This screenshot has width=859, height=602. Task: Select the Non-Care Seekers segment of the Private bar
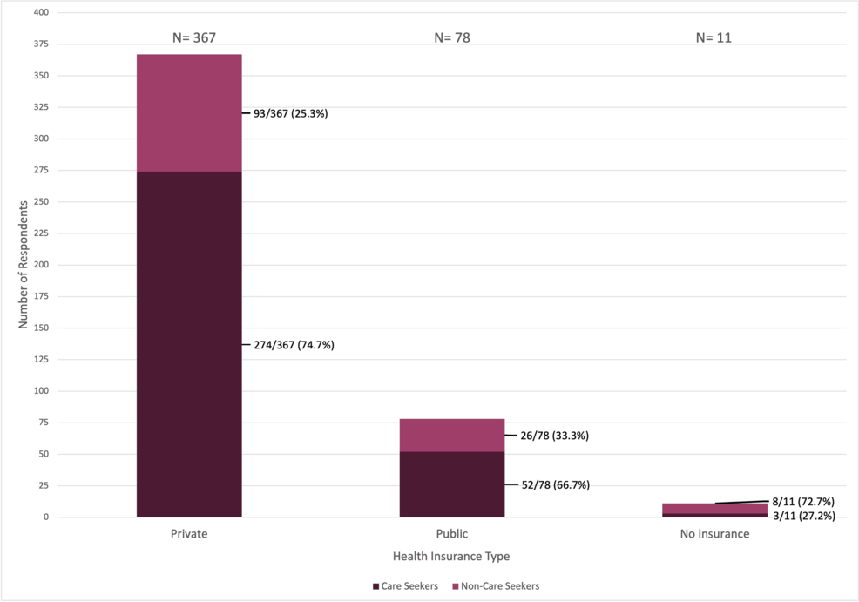[189, 113]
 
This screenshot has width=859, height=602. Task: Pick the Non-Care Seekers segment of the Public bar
[451, 435]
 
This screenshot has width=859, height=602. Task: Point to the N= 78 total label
[451, 38]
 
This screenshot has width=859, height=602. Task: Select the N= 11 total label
[714, 38]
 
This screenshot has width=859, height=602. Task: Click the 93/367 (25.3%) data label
[290, 113]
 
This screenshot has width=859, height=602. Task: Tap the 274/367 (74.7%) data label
[294, 345]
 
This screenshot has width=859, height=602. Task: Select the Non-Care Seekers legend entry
[495, 586]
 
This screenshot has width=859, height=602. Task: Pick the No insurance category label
[714, 534]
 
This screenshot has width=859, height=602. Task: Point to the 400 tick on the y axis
[41, 13]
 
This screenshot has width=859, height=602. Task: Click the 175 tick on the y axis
[41, 296]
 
